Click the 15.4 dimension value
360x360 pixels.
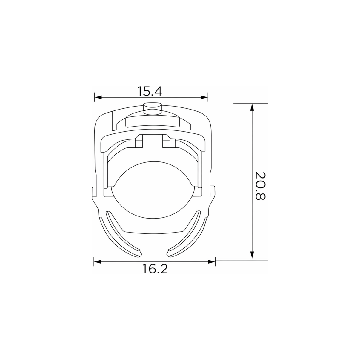(150, 91)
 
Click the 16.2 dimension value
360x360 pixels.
(155, 269)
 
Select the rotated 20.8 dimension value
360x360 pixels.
(260, 186)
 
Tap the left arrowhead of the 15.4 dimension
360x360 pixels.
(98, 97)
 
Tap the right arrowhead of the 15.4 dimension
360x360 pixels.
(204, 97)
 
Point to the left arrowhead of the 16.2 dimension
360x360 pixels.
(97, 261)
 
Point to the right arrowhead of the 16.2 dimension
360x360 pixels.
(211, 261)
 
